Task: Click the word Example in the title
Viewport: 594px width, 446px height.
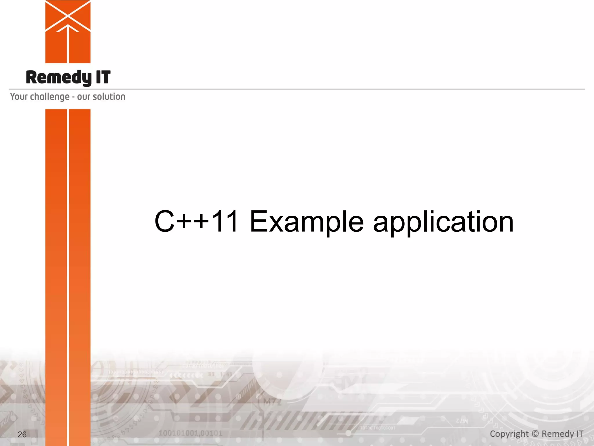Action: [307, 222]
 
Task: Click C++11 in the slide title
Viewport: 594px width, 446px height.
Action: [197, 222]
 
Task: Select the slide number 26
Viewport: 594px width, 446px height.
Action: [22, 434]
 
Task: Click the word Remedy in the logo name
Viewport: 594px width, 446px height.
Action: [58, 78]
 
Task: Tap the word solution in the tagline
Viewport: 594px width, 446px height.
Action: [109, 96]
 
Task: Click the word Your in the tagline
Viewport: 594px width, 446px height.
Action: [19, 96]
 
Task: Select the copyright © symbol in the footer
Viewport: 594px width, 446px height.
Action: [535, 434]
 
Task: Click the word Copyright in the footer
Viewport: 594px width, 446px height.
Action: [509, 434]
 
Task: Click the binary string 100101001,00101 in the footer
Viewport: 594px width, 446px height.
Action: [191, 433]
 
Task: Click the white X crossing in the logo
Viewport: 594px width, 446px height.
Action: [68, 14]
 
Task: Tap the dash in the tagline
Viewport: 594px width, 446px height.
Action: [73, 97]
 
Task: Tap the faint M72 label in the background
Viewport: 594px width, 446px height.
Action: [272, 402]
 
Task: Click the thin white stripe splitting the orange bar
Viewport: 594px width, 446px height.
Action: [68, 261]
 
